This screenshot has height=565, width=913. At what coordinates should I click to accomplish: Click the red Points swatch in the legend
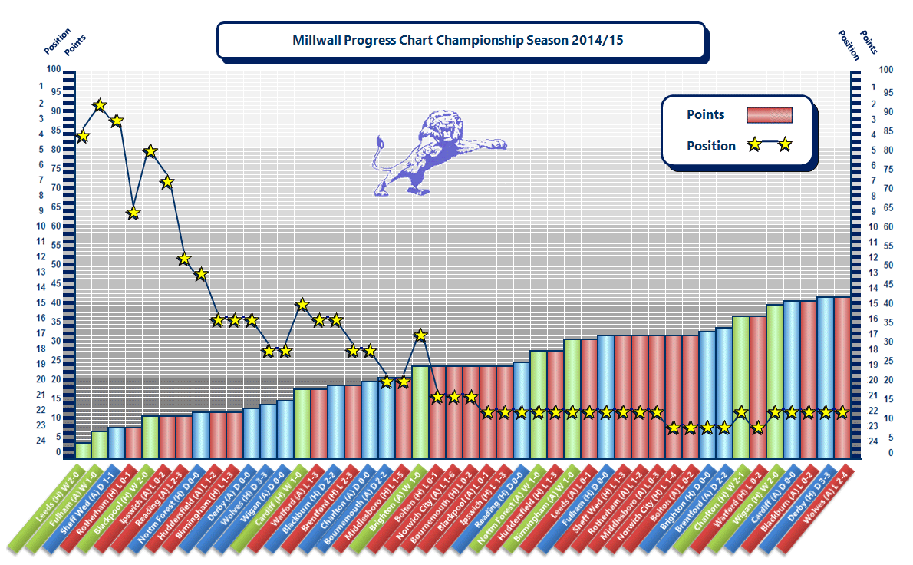pyautogui.click(x=769, y=115)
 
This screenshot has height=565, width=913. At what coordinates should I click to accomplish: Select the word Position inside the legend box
pyautogui.click(x=710, y=146)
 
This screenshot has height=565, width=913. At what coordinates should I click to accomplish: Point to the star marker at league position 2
pyautogui.click(x=100, y=105)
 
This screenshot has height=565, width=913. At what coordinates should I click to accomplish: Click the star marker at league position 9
pyautogui.click(x=133, y=213)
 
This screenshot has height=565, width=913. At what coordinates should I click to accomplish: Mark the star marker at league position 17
pyautogui.click(x=420, y=335)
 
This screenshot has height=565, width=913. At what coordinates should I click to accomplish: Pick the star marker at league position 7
pyautogui.click(x=167, y=182)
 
